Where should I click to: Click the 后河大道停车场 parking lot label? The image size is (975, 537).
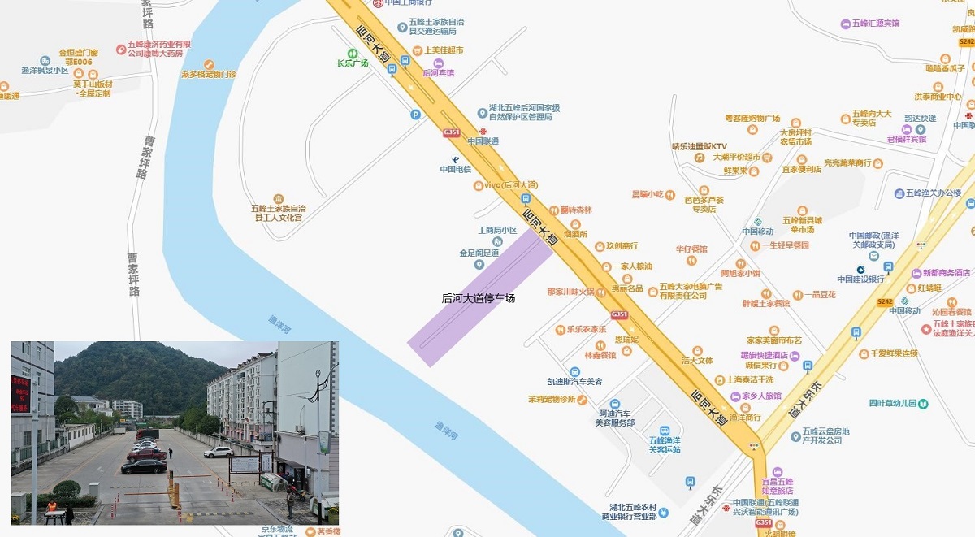coord(478,298)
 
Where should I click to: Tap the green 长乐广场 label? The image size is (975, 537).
coord(353,63)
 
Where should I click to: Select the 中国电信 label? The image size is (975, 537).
coord(456,169)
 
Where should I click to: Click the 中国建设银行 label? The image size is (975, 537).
coord(860,279)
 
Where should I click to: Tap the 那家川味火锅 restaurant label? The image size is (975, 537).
coord(570,292)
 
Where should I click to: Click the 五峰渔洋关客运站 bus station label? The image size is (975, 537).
coord(664,444)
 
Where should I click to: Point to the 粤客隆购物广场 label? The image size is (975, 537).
coord(752,119)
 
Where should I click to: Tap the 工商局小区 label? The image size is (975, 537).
coord(497,231)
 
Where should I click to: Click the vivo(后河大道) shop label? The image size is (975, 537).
coord(510,185)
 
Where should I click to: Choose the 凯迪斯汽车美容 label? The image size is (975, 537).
coord(574,381)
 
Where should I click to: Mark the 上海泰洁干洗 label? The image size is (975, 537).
coord(749,379)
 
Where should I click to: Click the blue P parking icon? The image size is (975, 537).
coord(416,115)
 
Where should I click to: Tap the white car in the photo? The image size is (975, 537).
coord(219,452)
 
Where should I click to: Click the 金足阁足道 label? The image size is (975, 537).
coord(479,253)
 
